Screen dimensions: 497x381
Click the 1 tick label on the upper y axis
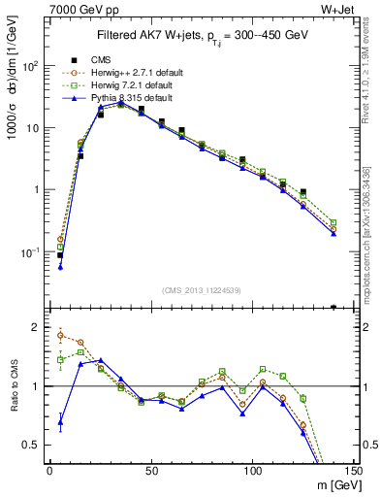36,190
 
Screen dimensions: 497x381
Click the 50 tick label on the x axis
151,469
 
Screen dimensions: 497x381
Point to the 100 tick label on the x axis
253,469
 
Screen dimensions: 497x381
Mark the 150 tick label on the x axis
354,469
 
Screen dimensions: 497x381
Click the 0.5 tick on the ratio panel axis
31,445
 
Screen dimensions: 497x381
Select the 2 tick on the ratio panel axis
36,327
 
